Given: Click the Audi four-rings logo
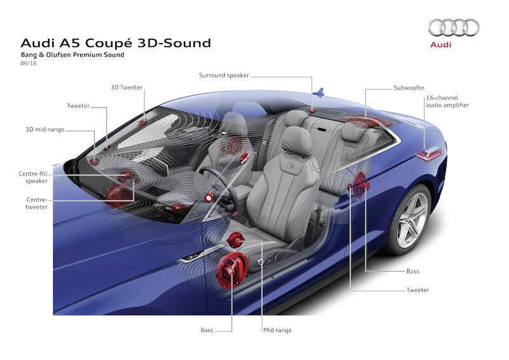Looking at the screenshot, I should (454, 27).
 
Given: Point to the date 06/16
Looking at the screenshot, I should (29, 65).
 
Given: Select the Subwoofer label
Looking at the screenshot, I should (408, 87).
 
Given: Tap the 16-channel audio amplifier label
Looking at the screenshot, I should (447, 101).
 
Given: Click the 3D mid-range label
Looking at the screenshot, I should (45, 130).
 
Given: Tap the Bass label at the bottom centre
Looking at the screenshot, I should (207, 330).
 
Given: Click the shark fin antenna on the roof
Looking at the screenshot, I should (320, 93).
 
